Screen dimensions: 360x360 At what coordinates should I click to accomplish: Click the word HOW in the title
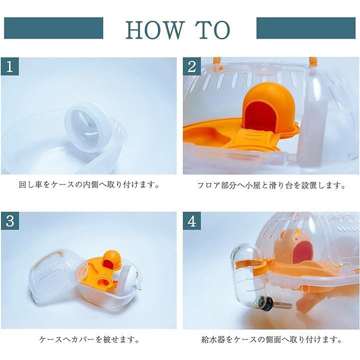click(x=155, y=30)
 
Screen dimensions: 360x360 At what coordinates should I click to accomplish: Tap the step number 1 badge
click(x=9, y=66)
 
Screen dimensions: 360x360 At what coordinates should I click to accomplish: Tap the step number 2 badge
click(x=192, y=66)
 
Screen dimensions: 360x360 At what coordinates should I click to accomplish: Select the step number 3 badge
click(x=9, y=221)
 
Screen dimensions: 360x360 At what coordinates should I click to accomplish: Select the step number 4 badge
click(x=192, y=221)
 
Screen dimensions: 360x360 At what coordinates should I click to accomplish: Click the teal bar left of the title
click(x=53, y=28)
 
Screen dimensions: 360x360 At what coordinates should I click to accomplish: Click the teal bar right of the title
click(x=306, y=28)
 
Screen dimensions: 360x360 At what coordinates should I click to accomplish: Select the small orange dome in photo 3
click(x=112, y=259)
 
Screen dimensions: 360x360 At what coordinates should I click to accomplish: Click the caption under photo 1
click(x=89, y=185)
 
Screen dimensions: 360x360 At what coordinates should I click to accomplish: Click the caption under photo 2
click(x=271, y=185)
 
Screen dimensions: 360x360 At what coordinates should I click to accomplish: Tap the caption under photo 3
click(x=89, y=339)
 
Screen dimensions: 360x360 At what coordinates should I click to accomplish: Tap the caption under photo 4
click(x=271, y=339)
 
